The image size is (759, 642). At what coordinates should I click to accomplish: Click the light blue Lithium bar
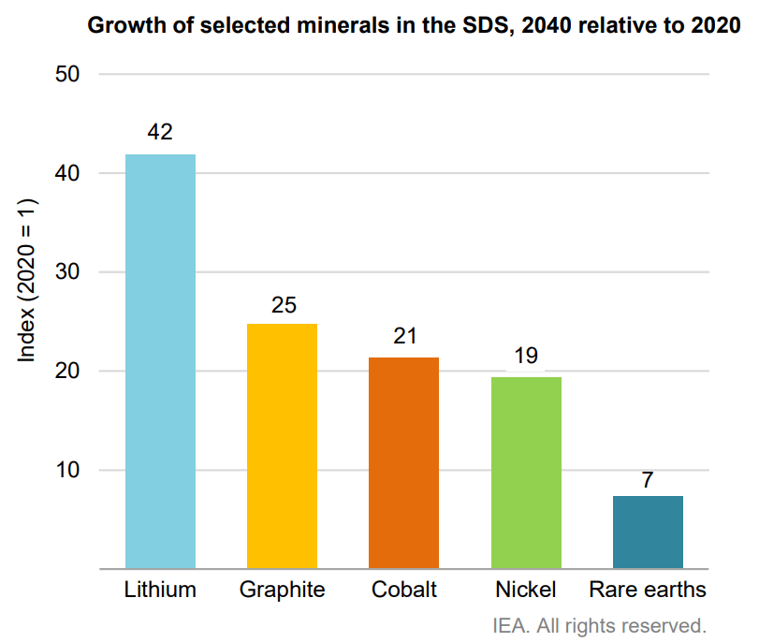(x=160, y=361)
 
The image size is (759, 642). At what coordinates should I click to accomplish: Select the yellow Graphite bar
(x=282, y=445)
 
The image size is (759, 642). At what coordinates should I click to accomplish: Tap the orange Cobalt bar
(x=403, y=462)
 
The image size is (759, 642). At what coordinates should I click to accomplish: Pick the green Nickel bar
(x=526, y=473)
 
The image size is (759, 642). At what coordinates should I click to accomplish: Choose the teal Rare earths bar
(x=648, y=532)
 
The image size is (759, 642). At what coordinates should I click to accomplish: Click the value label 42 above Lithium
(x=160, y=133)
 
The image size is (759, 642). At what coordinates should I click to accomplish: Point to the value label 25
(x=282, y=304)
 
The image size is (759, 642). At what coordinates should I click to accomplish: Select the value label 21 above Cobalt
(x=403, y=337)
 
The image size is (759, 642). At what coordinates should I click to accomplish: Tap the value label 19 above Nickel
(x=526, y=357)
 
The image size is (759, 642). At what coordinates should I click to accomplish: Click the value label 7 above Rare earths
(x=648, y=479)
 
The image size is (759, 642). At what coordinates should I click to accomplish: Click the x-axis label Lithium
(x=160, y=590)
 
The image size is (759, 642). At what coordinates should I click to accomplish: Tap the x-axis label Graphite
(x=282, y=590)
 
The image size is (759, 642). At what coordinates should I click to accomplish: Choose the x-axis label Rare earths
(x=648, y=590)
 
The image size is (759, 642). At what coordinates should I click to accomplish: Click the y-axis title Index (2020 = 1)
(x=27, y=281)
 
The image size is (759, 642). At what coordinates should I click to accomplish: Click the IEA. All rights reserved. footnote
(x=599, y=623)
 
